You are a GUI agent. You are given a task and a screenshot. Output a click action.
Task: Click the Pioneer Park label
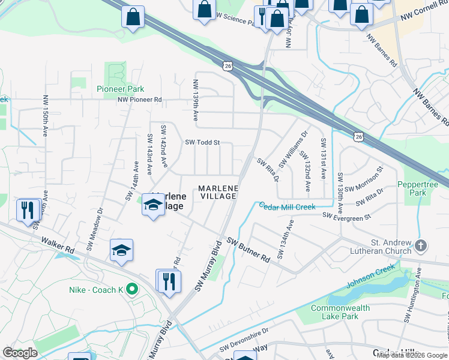pos(120,89)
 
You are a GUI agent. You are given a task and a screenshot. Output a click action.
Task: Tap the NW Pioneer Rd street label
pos(140,100)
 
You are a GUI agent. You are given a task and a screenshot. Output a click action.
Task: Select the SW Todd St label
pos(203,143)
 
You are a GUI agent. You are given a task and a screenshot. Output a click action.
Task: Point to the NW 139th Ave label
pos(196,94)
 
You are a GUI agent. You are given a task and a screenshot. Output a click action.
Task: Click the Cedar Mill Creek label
pos(287,207)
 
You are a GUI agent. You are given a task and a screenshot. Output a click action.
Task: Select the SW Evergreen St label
pos(347,215)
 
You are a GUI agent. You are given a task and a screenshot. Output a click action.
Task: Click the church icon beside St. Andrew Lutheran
pos(421,245)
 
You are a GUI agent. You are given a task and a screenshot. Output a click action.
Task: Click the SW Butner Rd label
pos(248,250)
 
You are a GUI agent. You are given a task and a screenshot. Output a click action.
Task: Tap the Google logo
pos(20,353)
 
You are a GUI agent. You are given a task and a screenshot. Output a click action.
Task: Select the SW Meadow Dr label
pos(95,229)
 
